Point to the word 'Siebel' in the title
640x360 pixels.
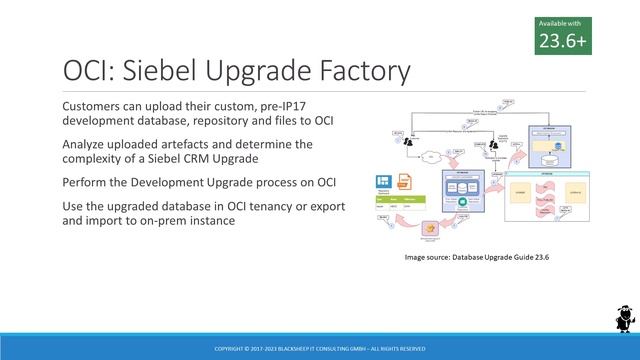(173, 72)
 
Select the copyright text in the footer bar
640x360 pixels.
(320, 349)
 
